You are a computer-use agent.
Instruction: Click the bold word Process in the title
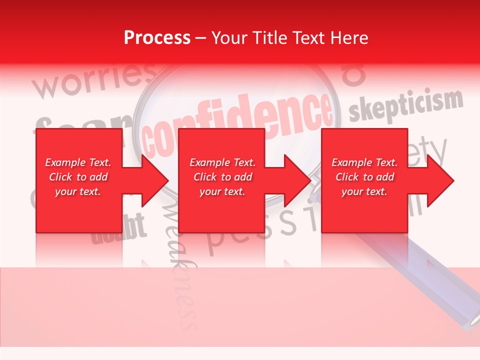[x=157, y=38]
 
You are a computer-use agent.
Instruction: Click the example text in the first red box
[x=78, y=177]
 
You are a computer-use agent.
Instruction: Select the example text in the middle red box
[x=222, y=177]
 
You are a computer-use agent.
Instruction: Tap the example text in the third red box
[x=364, y=177]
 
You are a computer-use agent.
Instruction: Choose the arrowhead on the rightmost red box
[x=439, y=180]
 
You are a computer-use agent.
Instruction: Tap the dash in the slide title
[x=201, y=38]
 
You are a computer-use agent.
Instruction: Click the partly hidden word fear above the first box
[x=80, y=122]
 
